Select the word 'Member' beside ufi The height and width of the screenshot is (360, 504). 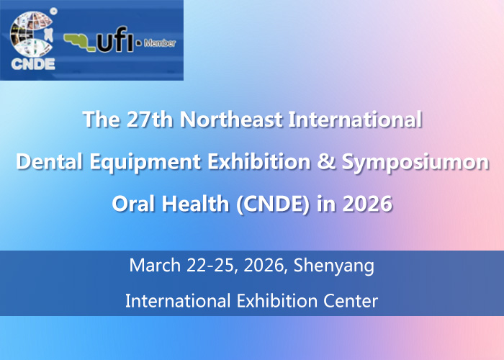(160, 43)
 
